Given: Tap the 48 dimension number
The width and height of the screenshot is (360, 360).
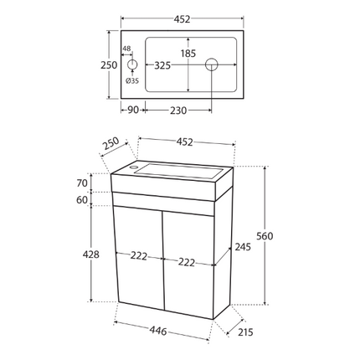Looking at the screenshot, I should (x=126, y=49).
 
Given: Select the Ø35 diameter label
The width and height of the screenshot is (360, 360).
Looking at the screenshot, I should (x=131, y=81).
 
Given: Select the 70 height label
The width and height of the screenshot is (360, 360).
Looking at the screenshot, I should (x=81, y=183).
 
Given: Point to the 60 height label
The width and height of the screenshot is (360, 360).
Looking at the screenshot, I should (x=81, y=200).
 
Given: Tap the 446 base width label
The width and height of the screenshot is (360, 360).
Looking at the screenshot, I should (x=158, y=331).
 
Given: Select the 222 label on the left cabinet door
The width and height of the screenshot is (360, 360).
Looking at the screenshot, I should (x=138, y=256).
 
